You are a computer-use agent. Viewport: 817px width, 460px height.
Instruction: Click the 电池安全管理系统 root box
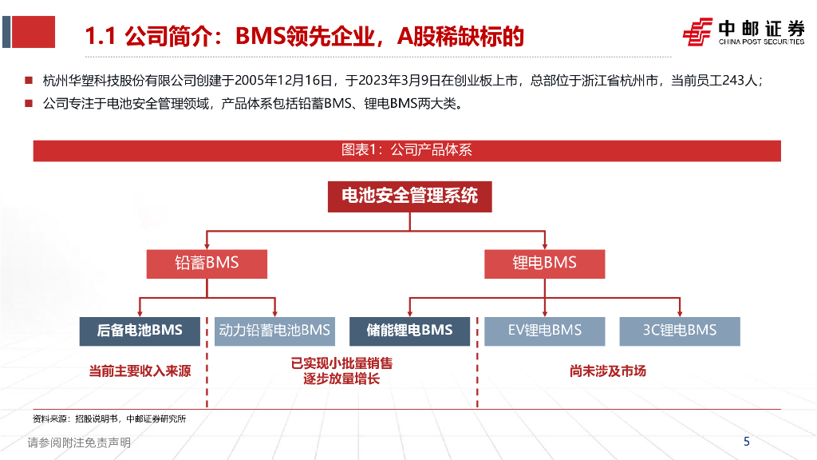(409, 196)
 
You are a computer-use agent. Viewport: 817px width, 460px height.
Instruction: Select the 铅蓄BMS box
(207, 263)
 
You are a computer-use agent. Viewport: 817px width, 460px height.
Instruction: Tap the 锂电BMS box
(544, 263)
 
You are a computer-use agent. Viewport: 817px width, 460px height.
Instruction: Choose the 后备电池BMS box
(140, 330)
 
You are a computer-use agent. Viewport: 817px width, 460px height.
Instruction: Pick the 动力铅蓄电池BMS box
(274, 330)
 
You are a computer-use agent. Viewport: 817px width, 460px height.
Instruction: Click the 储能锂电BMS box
(409, 330)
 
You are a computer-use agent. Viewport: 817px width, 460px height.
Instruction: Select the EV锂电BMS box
(545, 330)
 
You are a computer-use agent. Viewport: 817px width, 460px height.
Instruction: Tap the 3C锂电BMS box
(680, 330)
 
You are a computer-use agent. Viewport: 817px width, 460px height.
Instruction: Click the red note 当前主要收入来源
(140, 371)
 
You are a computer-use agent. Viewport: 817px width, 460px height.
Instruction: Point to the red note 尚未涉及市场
(608, 371)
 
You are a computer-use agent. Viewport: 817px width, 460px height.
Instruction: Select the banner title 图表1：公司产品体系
(407, 149)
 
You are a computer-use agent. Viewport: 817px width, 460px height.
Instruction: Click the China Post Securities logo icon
(698, 33)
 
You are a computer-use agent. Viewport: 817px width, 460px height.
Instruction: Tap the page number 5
(747, 442)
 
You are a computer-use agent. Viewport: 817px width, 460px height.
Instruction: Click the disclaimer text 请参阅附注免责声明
(79, 442)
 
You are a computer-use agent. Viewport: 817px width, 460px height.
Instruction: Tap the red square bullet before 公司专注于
(29, 104)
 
